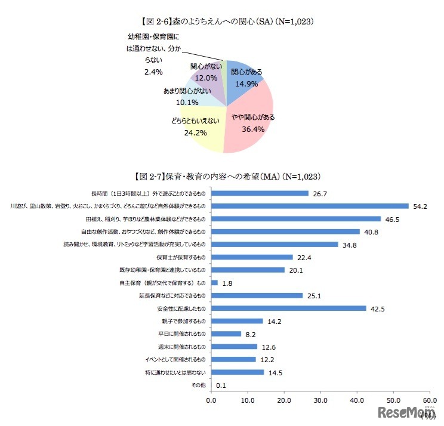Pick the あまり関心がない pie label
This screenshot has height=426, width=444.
[187, 91]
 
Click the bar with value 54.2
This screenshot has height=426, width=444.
[310, 206]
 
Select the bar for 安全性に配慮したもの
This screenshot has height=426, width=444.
[289, 308]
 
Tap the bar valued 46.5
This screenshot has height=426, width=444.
[296, 218]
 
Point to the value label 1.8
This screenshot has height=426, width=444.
[228, 283]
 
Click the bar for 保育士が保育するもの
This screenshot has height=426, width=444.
[252, 257]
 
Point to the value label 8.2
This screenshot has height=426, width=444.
[251, 334]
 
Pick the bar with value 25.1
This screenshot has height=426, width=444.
[257, 295]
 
